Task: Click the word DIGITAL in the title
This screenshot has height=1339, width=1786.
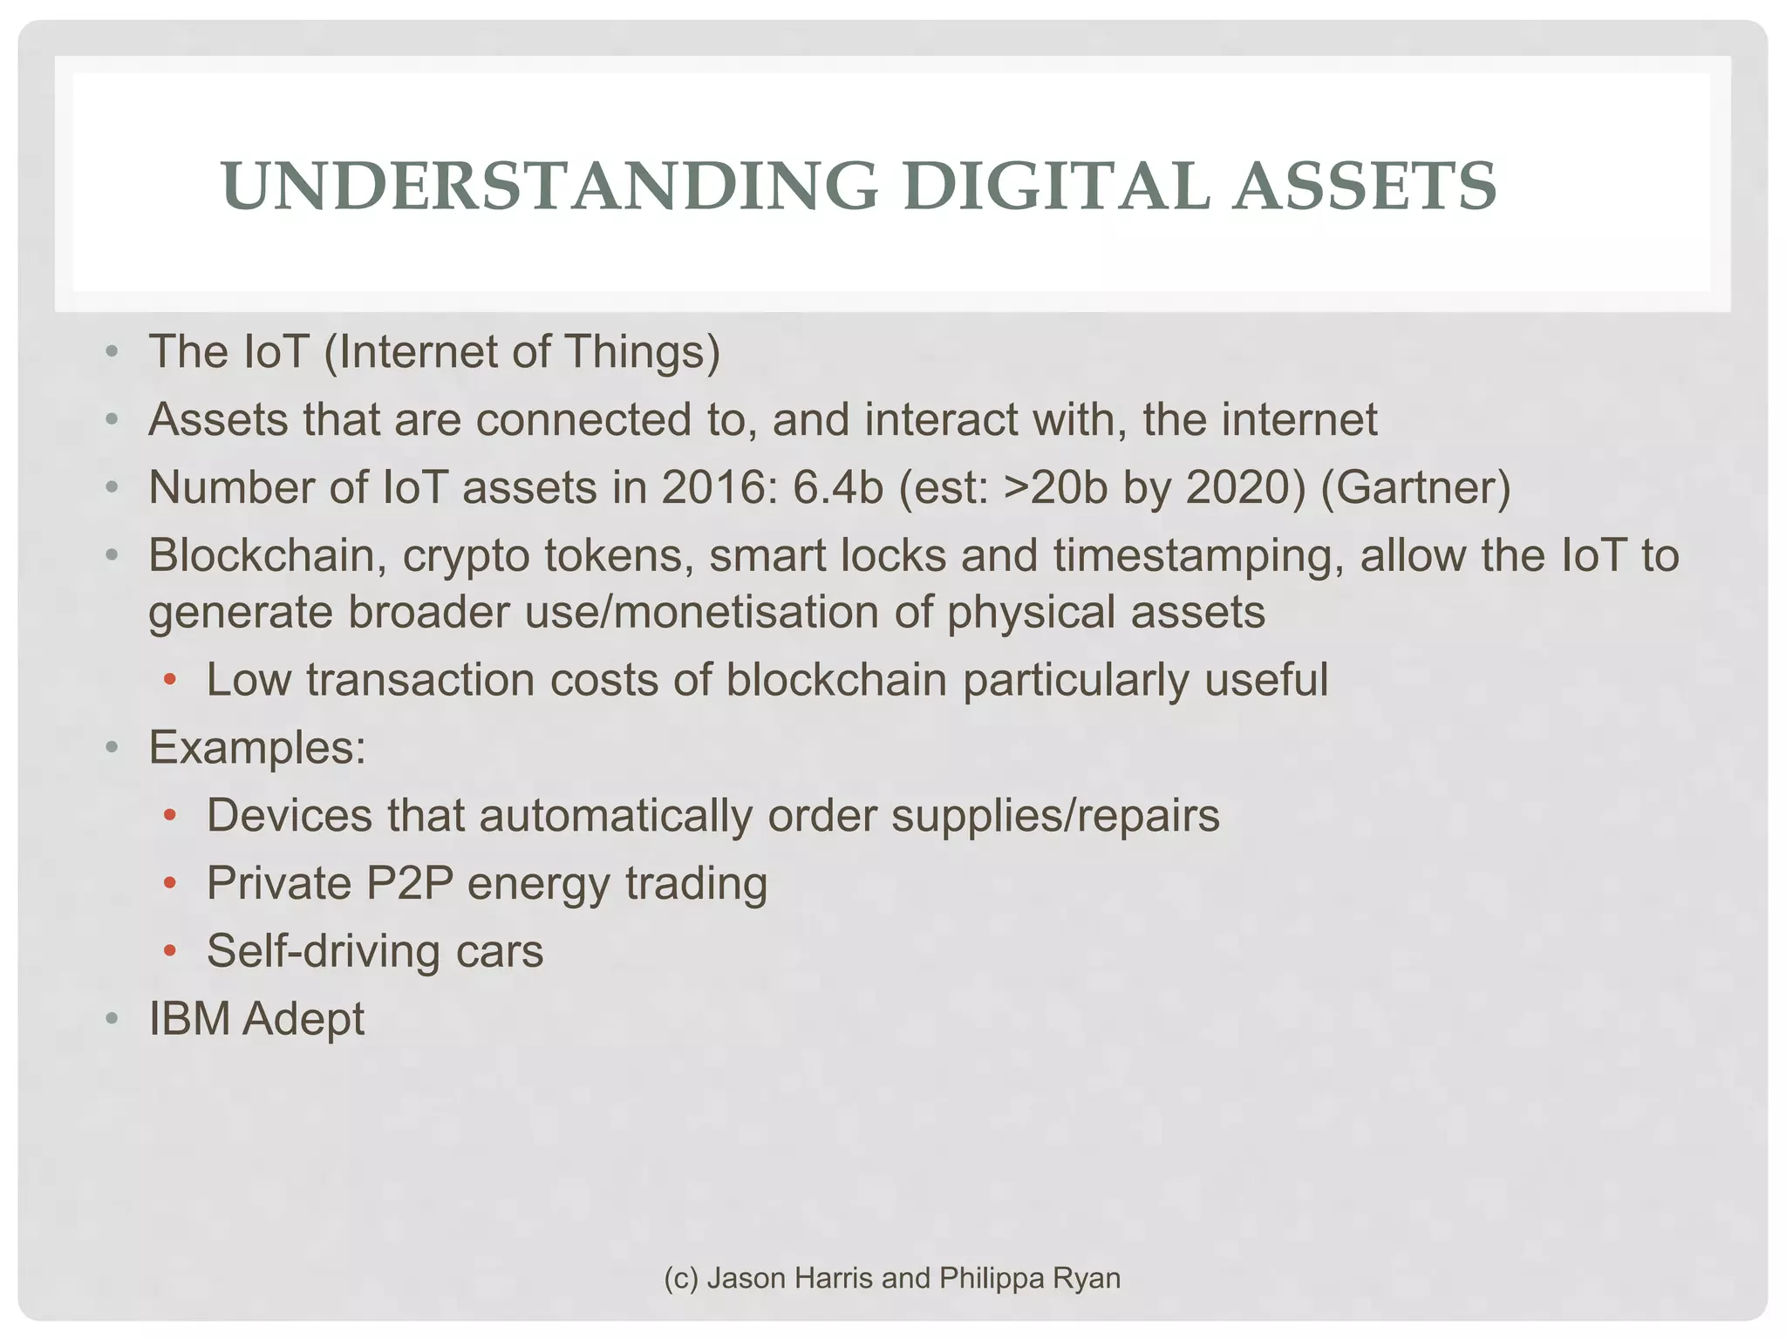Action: point(1056,187)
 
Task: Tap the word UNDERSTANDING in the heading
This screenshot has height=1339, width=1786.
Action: point(549,187)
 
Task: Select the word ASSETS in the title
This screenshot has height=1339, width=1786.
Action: point(1364,187)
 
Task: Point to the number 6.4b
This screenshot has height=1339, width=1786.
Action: point(837,487)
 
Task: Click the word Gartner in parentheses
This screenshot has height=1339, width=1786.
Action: point(1415,487)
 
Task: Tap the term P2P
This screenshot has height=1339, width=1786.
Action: point(410,883)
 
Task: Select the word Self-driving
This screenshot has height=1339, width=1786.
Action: point(324,951)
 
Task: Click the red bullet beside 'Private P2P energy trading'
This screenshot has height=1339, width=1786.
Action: point(170,884)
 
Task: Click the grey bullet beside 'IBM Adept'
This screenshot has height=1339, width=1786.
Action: point(112,1019)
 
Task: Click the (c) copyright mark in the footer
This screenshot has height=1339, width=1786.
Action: point(681,1278)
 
